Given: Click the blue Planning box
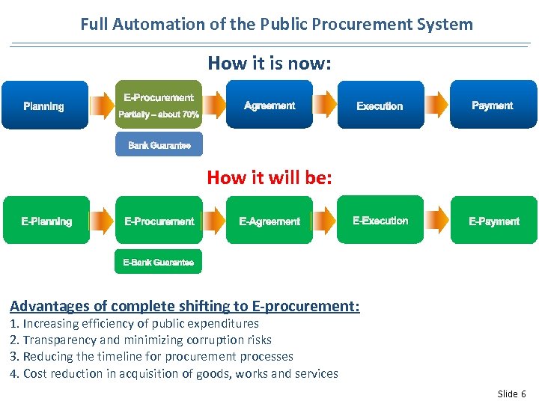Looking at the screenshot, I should [x=45, y=105].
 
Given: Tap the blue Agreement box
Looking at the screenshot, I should [x=269, y=105].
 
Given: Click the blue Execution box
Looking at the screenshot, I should [x=380, y=105].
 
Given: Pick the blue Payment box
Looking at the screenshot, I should [x=493, y=105].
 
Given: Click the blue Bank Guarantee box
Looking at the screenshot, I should [x=159, y=144].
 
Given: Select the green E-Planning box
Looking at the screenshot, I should [x=46, y=221].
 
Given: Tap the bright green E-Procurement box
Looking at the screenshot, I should [x=159, y=221].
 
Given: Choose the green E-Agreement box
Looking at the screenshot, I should [x=269, y=221].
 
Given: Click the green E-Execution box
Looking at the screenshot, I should [x=380, y=220].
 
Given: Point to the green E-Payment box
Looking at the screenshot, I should [x=494, y=221].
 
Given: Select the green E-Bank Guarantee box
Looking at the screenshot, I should [x=158, y=262].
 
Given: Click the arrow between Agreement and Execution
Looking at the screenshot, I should [x=324, y=105].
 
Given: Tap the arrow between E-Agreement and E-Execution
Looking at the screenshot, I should [x=324, y=221].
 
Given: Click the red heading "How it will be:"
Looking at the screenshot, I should [x=269, y=177].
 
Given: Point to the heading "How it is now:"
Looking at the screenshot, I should [x=269, y=64].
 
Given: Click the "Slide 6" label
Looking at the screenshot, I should [x=511, y=394].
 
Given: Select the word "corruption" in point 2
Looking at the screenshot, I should [x=216, y=340].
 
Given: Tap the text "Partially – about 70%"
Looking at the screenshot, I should [x=159, y=114].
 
